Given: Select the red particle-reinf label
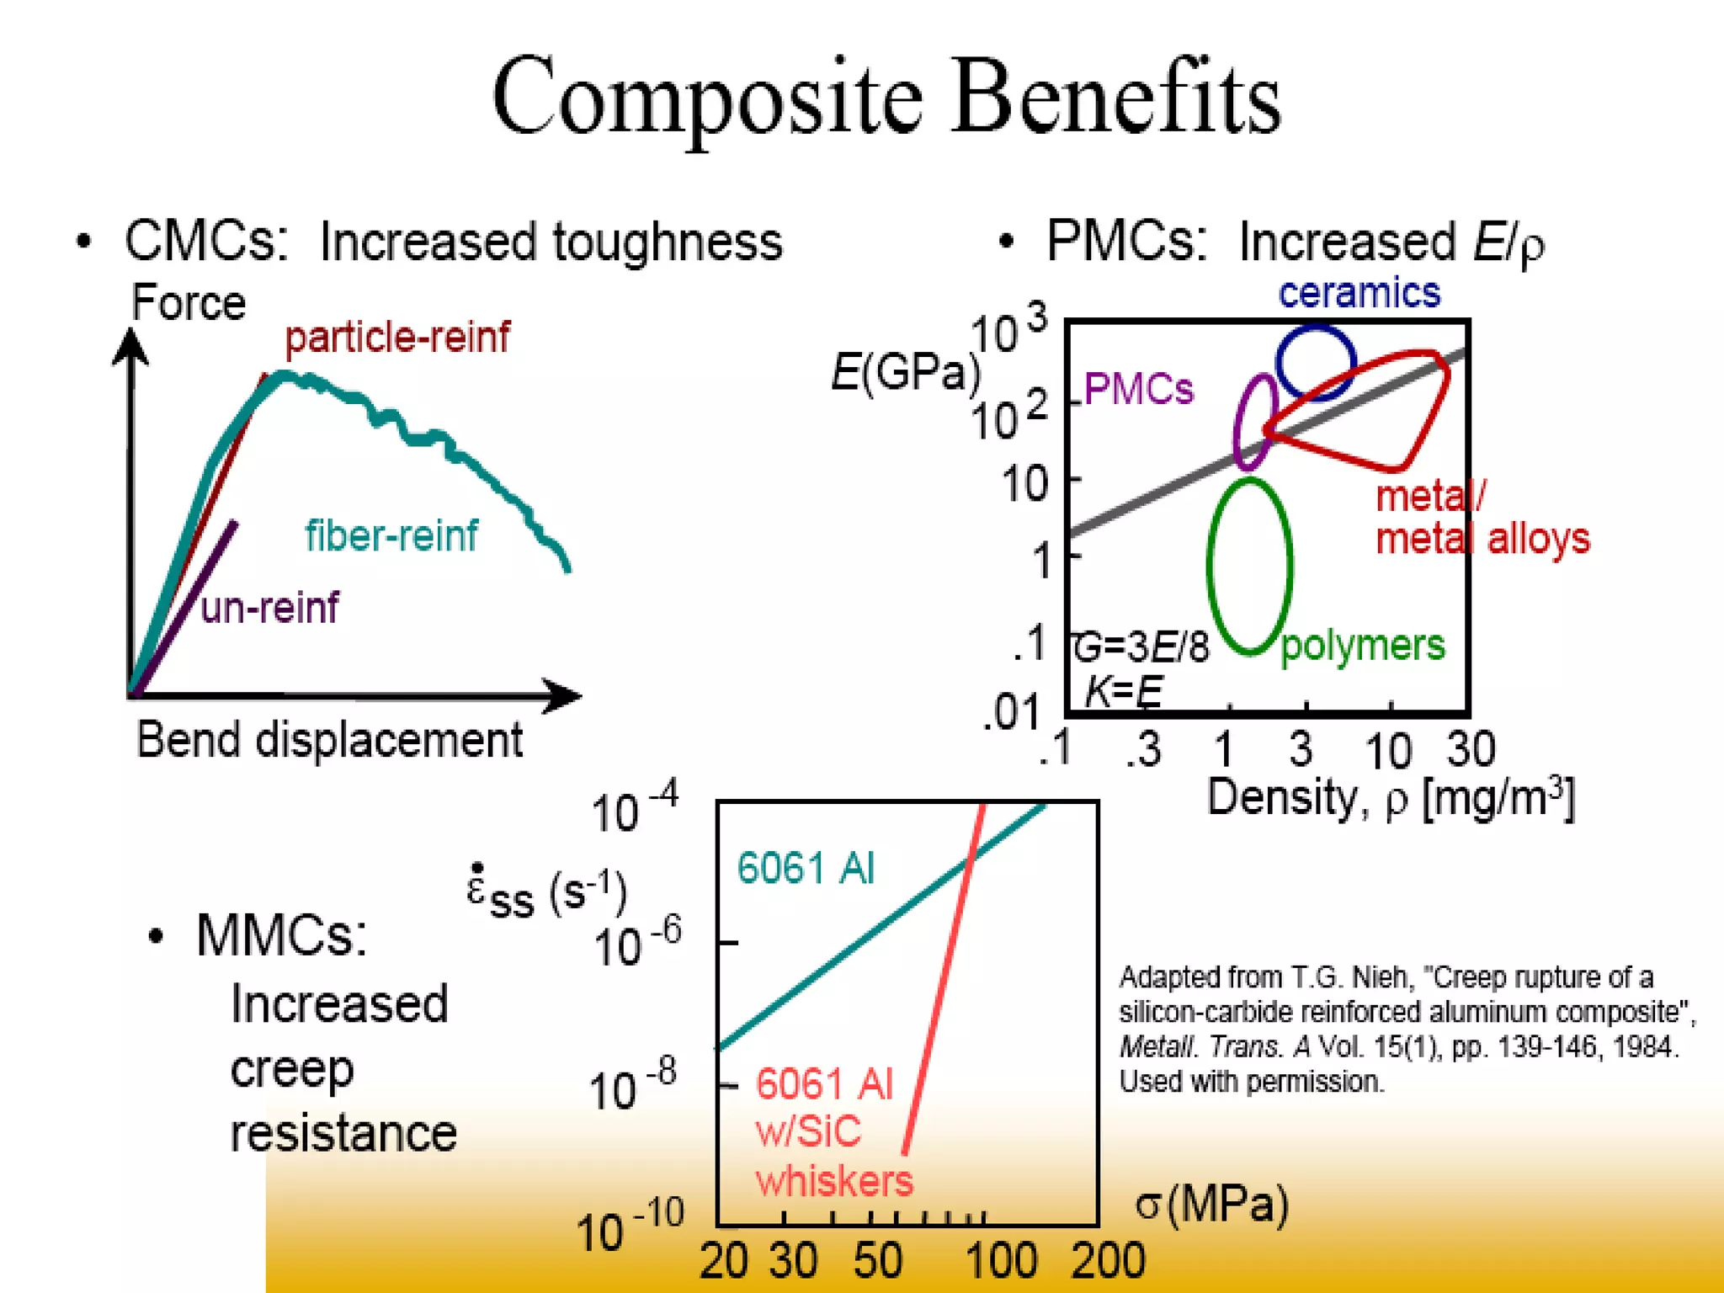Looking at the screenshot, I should point(396,338).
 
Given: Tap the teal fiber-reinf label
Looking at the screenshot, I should point(391,535).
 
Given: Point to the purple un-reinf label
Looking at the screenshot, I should point(270,607).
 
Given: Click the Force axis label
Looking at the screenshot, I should point(189,302).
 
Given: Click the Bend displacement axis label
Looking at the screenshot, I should point(329,740).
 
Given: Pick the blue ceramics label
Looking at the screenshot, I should point(1359,292).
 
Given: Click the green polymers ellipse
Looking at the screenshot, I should point(1211,564).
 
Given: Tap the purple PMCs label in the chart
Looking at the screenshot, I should point(1138,389).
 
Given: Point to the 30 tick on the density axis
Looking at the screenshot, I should point(1471,748).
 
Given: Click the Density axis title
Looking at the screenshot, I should point(1389,797).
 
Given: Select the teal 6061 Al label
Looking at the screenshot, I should point(806,868).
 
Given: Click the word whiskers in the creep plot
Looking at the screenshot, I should point(833,1181).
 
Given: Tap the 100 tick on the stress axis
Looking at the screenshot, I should point(1000,1261).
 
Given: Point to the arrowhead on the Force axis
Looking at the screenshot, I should point(130,345).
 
